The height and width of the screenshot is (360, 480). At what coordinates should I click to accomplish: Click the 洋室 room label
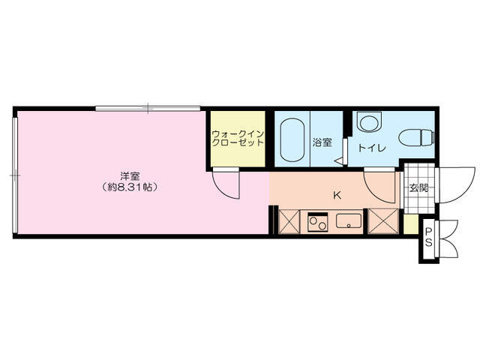[130, 176]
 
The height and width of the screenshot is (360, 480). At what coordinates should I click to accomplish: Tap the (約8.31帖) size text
[130, 187]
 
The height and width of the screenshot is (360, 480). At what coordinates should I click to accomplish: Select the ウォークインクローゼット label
[238, 139]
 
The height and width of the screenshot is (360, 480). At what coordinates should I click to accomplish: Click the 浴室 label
[322, 142]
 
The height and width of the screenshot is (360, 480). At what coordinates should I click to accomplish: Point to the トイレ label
[372, 148]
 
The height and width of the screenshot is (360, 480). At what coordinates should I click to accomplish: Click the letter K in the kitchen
[337, 195]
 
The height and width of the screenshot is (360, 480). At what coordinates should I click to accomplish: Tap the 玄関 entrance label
[418, 188]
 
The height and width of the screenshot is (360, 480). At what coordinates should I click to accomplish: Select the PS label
[428, 237]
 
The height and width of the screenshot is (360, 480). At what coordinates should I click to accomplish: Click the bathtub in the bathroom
[292, 139]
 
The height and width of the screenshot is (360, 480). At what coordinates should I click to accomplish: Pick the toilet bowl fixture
[417, 137]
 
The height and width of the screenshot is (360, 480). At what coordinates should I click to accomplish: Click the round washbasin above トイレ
[370, 121]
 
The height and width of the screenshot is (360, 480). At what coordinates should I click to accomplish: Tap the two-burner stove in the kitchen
[317, 223]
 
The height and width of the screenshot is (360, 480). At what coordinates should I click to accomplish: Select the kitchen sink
[349, 220]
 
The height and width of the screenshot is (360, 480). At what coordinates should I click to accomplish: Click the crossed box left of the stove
[289, 221]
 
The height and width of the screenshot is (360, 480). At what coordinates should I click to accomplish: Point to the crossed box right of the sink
[383, 221]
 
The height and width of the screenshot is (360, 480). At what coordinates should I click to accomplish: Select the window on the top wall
[148, 108]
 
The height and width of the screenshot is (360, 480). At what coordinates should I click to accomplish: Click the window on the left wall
[15, 175]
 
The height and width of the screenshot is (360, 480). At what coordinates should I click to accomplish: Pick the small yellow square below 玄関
[411, 224]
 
